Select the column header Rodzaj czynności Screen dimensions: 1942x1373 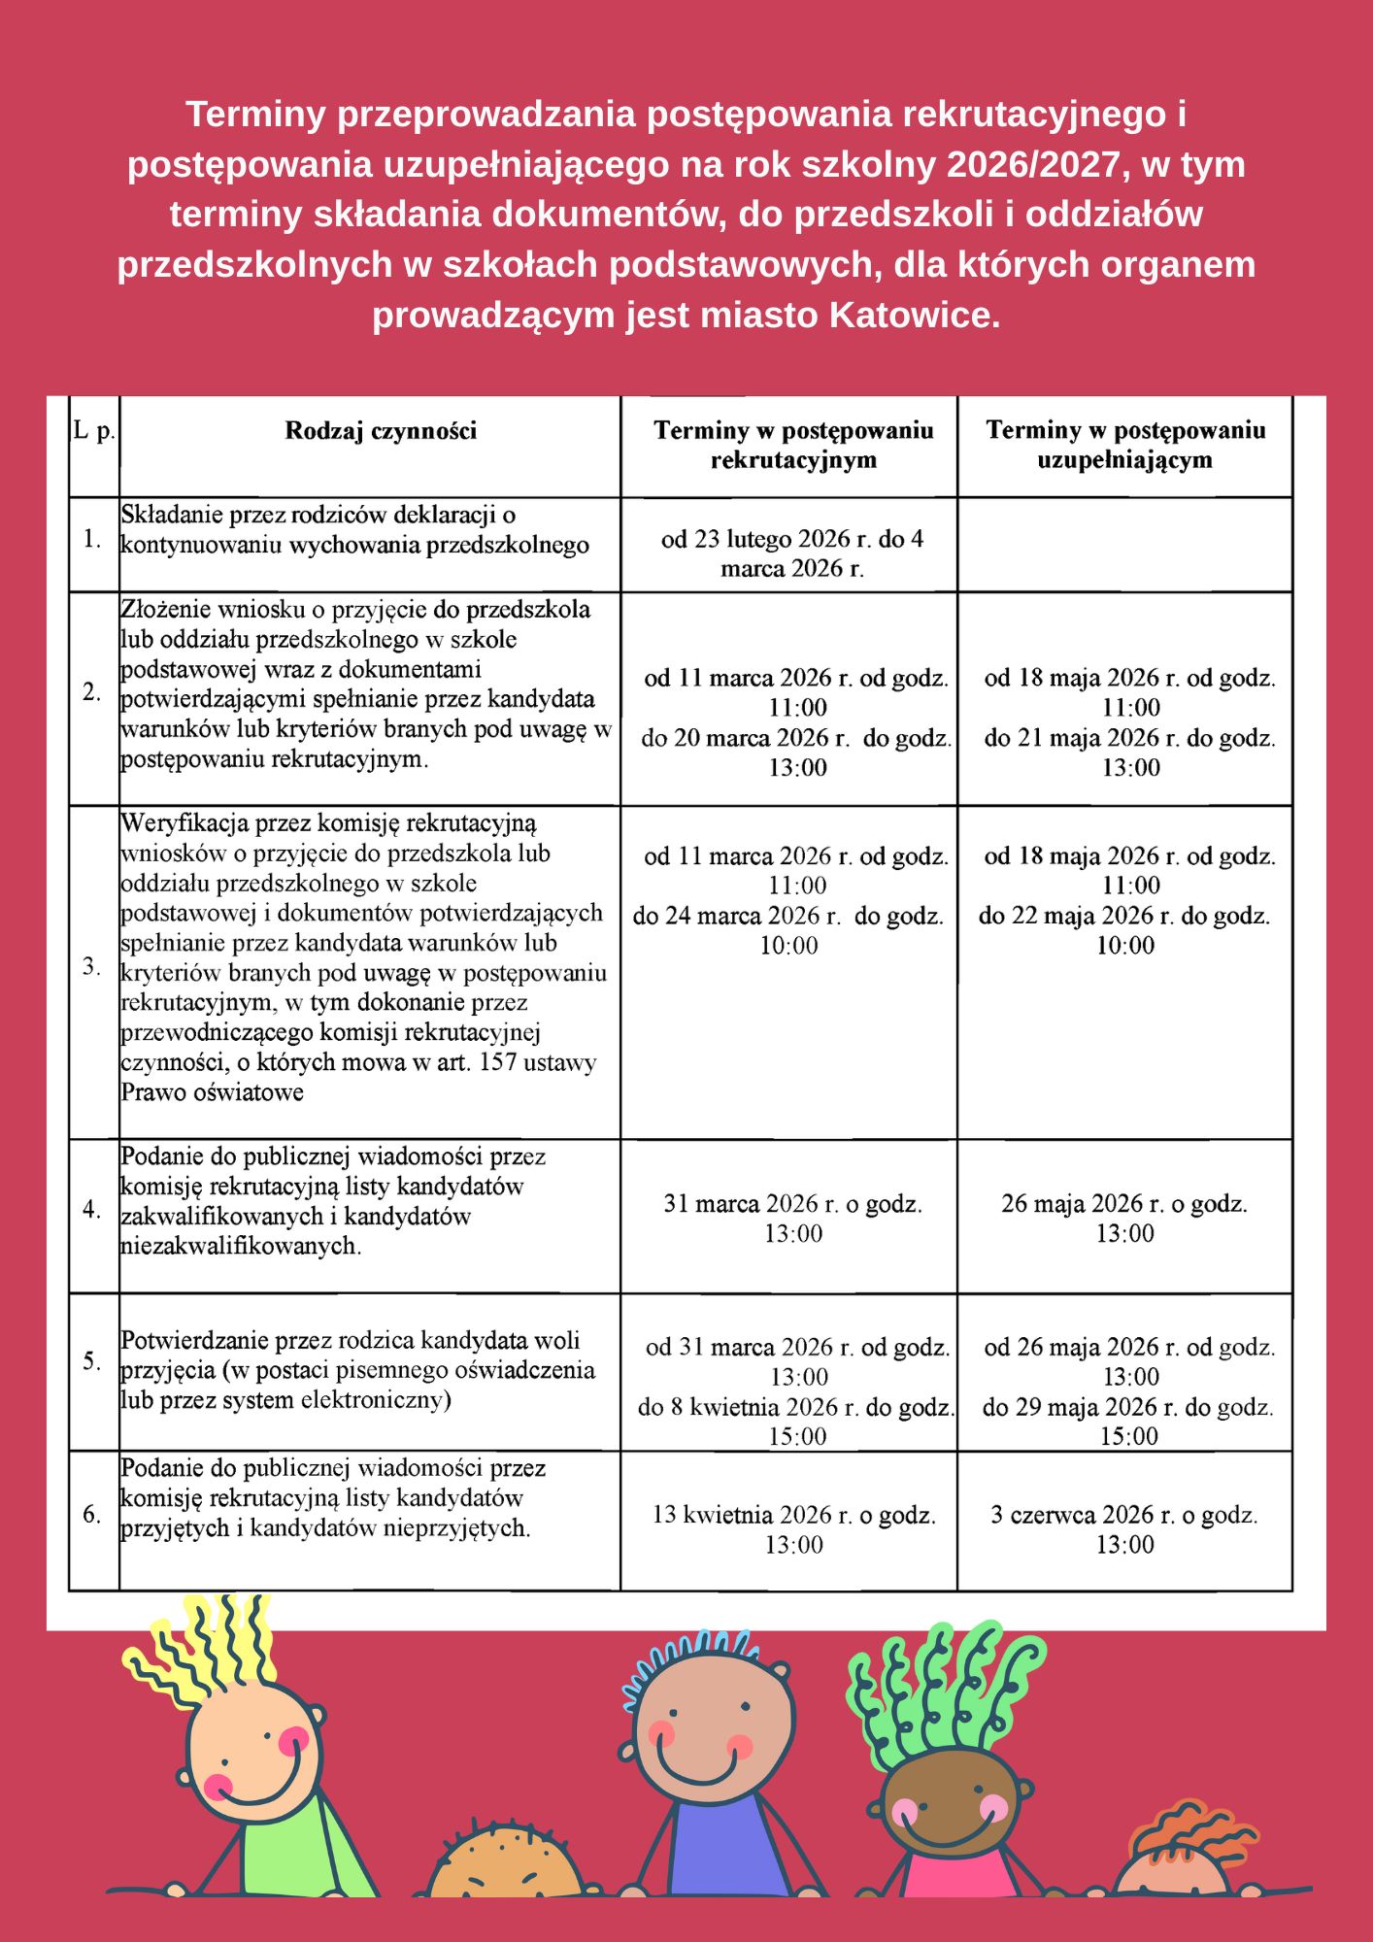click(x=381, y=431)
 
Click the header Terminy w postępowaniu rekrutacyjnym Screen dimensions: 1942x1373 click(x=792, y=445)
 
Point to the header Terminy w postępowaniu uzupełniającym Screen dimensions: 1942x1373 click(x=1125, y=445)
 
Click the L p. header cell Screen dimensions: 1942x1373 click(x=94, y=431)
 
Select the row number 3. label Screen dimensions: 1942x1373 click(x=92, y=967)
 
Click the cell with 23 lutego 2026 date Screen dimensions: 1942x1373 click(x=792, y=553)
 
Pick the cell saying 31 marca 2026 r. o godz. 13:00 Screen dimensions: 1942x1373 click(x=792, y=1219)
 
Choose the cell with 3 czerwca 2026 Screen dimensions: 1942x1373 click(x=1124, y=1529)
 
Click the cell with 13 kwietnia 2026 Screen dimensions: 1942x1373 click(x=793, y=1529)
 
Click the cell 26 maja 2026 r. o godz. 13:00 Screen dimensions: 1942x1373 click(x=1124, y=1219)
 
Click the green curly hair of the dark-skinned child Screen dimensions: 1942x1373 click(x=942, y=1690)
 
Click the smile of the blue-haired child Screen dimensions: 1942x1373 click(x=696, y=1768)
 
